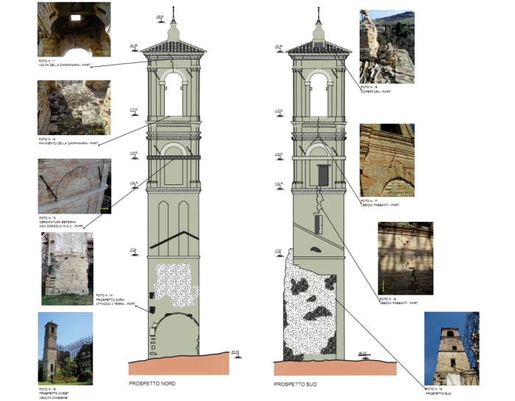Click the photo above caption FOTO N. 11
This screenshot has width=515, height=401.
point(74,29)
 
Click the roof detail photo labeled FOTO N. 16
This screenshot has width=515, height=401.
point(387,47)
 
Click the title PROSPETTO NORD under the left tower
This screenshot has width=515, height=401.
point(152,383)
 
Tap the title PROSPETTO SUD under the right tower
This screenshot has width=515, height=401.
point(294,383)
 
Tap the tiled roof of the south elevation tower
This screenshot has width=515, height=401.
point(318,47)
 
